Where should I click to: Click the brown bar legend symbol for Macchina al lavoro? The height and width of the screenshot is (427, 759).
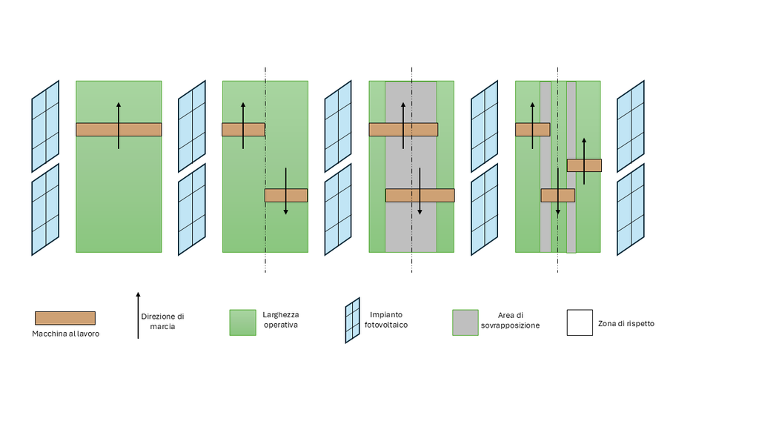(65, 318)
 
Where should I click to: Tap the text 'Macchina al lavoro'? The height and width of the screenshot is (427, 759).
(66, 334)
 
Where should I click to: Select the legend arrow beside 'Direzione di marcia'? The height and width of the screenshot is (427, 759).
(138, 315)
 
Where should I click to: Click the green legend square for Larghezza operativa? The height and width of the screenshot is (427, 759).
(242, 322)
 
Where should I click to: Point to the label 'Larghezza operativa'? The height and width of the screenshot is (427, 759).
(281, 320)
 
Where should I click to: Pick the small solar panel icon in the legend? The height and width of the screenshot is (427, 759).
(352, 320)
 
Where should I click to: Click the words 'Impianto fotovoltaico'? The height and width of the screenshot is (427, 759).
(385, 320)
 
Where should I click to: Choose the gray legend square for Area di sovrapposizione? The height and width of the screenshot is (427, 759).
(465, 322)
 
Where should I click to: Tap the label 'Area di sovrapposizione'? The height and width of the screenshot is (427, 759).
(510, 320)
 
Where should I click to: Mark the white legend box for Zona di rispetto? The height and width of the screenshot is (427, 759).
(580, 322)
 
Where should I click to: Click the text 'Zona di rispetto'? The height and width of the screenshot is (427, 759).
(626, 323)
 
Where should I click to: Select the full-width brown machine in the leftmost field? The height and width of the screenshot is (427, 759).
(119, 129)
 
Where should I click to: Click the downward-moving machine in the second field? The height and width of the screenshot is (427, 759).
(286, 195)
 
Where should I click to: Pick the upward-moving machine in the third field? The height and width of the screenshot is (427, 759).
(403, 129)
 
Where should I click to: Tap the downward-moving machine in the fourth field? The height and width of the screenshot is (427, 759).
(558, 195)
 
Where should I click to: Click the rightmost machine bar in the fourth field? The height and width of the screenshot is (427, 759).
(584, 165)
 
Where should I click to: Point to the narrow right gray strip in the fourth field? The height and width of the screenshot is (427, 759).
(571, 167)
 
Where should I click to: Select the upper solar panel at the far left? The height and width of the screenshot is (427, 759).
(45, 126)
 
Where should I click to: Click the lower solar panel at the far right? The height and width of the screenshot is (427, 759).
(631, 210)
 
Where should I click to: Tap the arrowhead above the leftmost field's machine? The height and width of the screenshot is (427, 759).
(119, 105)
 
